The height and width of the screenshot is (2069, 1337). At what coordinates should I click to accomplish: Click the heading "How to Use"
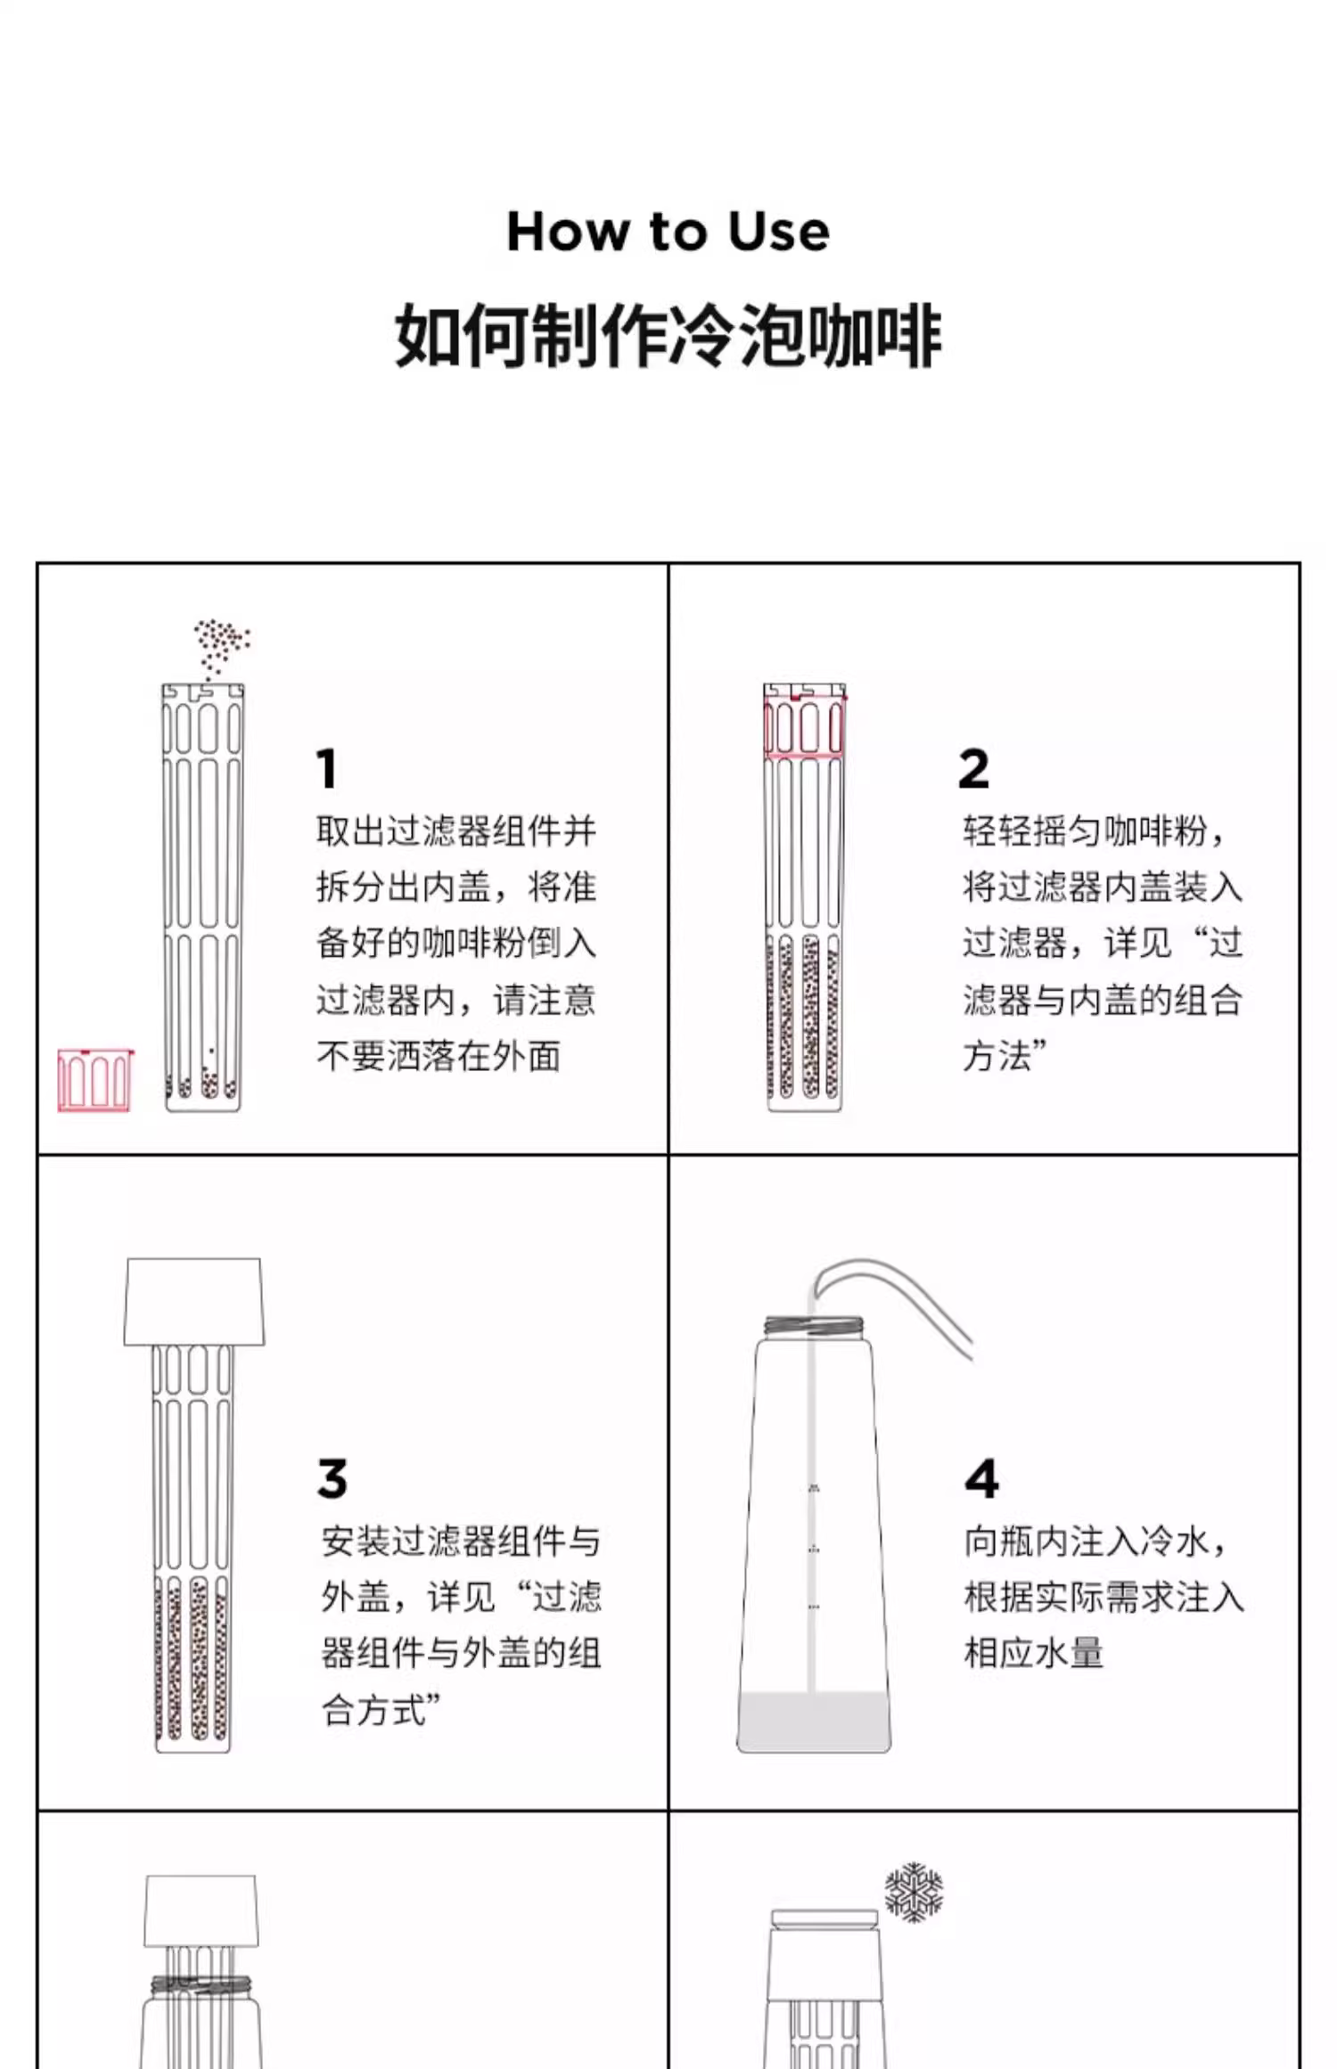[x=668, y=232]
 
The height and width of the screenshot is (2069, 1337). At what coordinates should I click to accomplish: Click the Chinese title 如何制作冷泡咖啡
[x=668, y=335]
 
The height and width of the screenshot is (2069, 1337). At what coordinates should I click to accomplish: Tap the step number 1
[x=326, y=768]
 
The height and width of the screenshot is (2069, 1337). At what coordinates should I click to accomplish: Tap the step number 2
[x=973, y=768]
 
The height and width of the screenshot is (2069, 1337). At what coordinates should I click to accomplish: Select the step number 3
[x=332, y=1479]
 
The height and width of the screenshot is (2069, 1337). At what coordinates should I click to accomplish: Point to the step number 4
[x=981, y=1479]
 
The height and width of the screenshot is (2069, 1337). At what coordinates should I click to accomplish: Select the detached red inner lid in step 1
[x=94, y=1080]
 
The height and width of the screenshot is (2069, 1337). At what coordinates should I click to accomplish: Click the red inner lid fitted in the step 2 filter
[x=805, y=726]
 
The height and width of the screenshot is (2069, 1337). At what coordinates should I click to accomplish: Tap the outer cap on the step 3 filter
[x=194, y=1301]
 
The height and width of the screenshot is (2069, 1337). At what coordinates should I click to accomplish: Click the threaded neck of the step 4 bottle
[x=813, y=1325]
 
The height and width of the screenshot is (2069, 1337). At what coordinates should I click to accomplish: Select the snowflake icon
[x=914, y=1892]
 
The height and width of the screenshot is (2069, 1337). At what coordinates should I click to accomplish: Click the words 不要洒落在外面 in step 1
[x=439, y=1057]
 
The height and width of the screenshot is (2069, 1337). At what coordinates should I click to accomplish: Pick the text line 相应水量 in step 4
[x=1034, y=1654]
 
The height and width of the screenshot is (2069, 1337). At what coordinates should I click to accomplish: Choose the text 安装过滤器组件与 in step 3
[x=461, y=1542]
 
